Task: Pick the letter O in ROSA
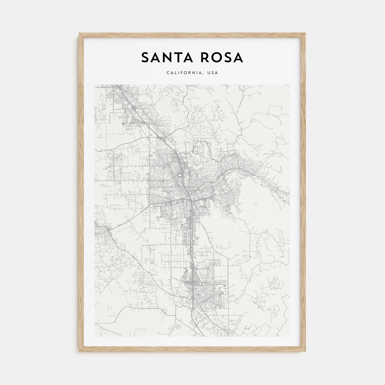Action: click(215, 57)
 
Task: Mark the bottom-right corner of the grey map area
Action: click(290, 337)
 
